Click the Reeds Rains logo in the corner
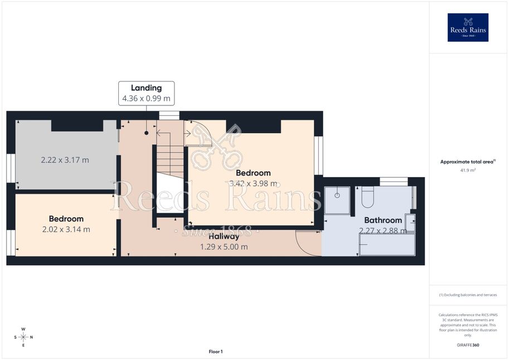(x=468, y=27)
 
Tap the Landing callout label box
(x=147, y=93)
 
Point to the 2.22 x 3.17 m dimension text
(x=65, y=160)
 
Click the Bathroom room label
(x=383, y=221)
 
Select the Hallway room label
(x=224, y=237)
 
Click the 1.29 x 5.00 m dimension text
(x=224, y=247)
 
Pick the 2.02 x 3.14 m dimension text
(x=66, y=230)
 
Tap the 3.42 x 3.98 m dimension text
(x=253, y=183)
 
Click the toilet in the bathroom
(x=368, y=197)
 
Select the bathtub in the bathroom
(x=387, y=245)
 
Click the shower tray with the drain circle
(x=337, y=200)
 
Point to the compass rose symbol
(x=23, y=337)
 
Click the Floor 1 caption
(x=216, y=352)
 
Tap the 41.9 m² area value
(x=468, y=170)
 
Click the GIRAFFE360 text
(x=468, y=345)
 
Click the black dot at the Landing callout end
(x=147, y=133)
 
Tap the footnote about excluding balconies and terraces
(x=468, y=295)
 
